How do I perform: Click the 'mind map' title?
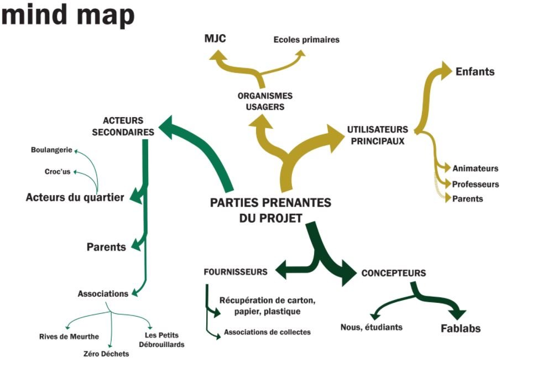tap(67, 15)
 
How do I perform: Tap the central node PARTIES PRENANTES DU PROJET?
tap(270, 210)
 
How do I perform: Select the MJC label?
tap(215, 38)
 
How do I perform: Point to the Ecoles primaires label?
tap(306, 40)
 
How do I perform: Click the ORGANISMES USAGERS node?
tap(265, 101)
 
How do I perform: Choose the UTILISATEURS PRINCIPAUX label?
tap(378, 135)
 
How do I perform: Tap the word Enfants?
tap(474, 72)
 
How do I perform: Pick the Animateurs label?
tap(475, 169)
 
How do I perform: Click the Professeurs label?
tap(476, 184)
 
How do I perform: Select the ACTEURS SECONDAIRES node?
tap(123, 126)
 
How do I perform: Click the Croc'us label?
tap(58, 171)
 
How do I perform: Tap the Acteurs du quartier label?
tap(75, 197)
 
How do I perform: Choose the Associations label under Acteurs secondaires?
tap(103, 293)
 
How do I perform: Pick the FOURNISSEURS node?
tap(236, 272)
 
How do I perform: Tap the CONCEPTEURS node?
tap(393, 273)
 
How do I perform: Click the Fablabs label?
tap(461, 328)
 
